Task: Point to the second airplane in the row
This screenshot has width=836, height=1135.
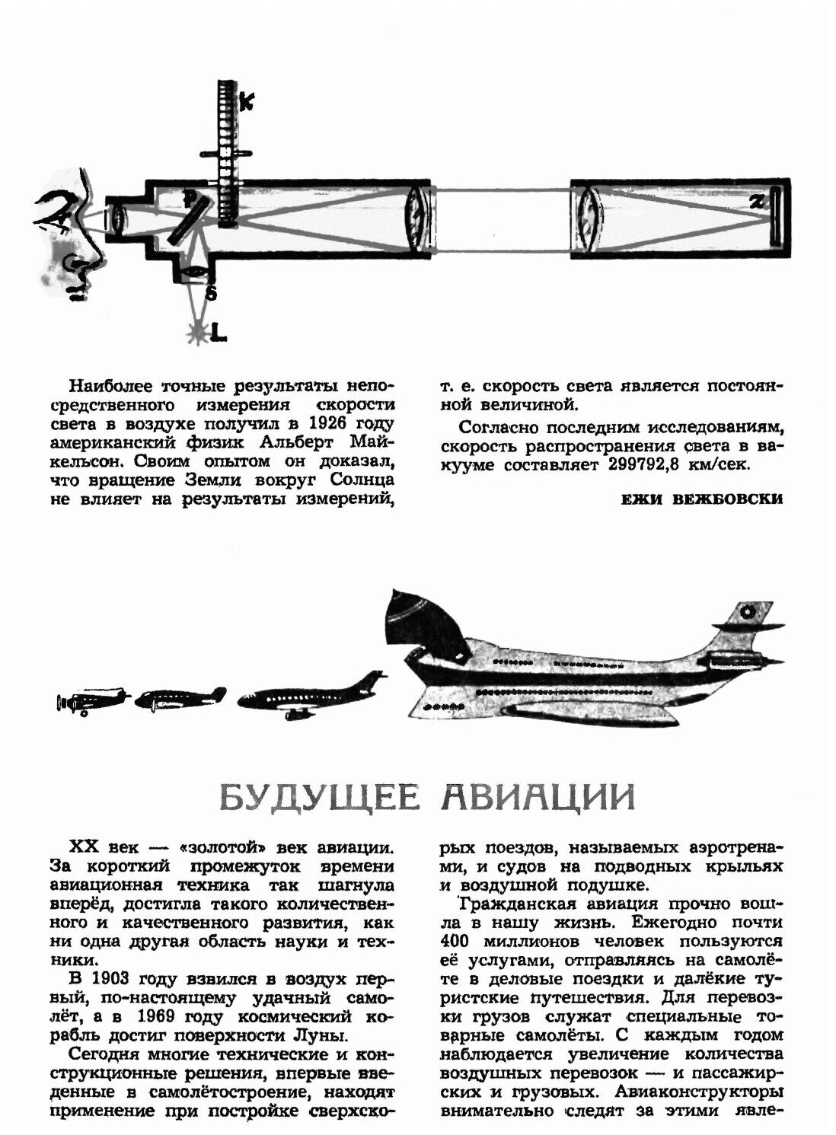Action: tap(181, 699)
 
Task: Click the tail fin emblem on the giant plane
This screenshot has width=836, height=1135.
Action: tap(747, 611)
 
